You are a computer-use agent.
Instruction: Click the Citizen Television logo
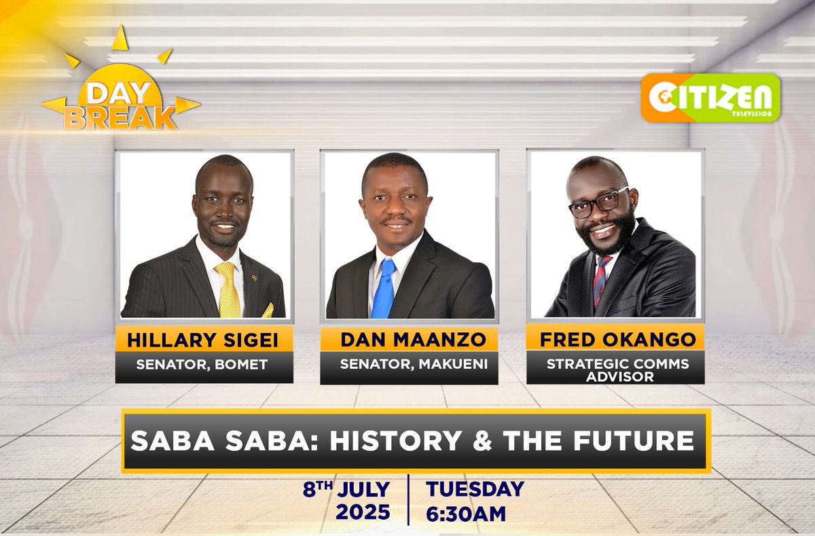click(x=710, y=98)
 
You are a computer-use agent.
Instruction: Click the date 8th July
click(x=347, y=490)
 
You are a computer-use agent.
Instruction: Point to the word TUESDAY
click(x=475, y=489)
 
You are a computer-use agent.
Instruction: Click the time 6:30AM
click(x=465, y=513)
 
